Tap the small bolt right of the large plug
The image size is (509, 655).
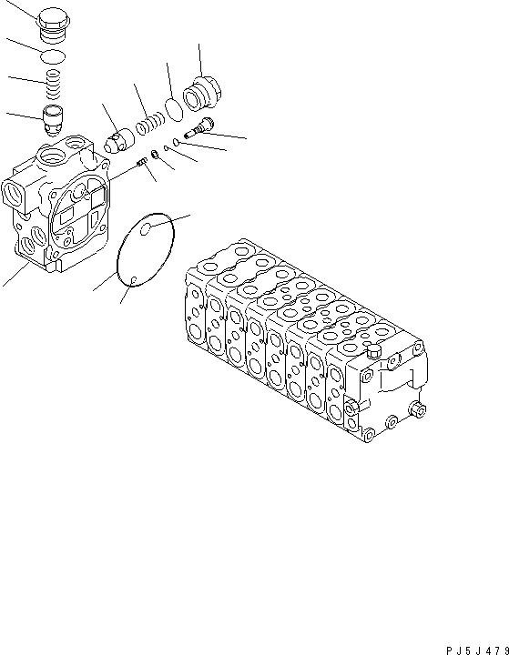tap(196, 129)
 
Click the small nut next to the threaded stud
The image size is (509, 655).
tap(156, 156)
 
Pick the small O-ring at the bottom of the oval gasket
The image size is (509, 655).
tap(133, 279)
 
